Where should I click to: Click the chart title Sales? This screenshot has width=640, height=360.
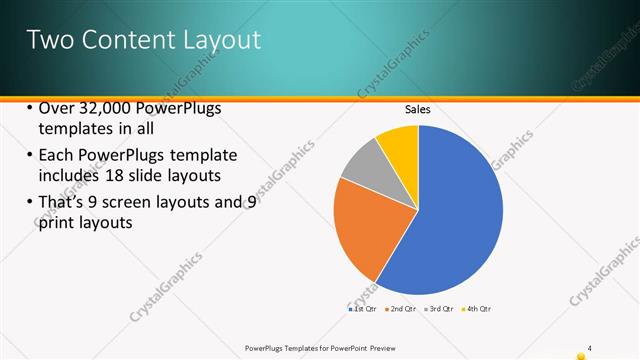pyautogui.click(x=417, y=110)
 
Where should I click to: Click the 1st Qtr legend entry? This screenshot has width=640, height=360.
pyautogui.click(x=363, y=309)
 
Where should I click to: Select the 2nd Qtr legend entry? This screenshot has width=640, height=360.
pyautogui.click(x=401, y=309)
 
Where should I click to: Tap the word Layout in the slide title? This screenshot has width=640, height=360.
pyautogui.click(x=221, y=40)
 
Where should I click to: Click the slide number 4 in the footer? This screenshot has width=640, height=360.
pyautogui.click(x=590, y=347)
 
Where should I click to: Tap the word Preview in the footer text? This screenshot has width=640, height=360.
pyautogui.click(x=387, y=347)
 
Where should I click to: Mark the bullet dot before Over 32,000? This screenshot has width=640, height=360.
pyautogui.click(x=30, y=109)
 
